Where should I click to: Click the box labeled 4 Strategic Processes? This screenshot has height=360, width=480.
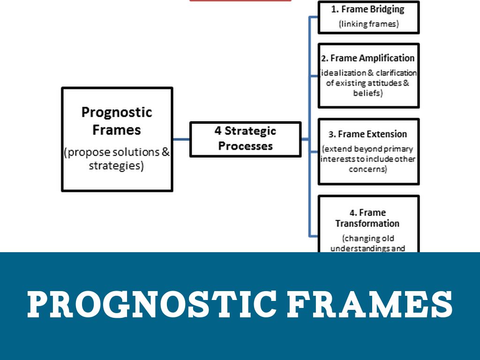(x=245, y=139)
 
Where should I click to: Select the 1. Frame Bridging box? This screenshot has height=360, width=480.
(x=368, y=17)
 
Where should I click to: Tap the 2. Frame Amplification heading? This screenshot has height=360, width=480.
(x=367, y=58)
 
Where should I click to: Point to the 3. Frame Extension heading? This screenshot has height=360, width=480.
(x=367, y=134)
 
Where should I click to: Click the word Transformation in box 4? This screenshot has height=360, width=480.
(x=367, y=224)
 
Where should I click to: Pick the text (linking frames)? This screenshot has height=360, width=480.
(x=368, y=24)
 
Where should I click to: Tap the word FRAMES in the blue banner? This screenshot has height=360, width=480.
(x=369, y=303)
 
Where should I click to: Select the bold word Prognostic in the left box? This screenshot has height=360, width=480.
(x=117, y=112)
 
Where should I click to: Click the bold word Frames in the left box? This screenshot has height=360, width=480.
(x=117, y=129)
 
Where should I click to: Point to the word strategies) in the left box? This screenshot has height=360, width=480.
(x=116, y=166)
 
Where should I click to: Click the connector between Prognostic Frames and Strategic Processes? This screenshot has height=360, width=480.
(x=181, y=139)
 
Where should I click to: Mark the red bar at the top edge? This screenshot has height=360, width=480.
(x=240, y=0)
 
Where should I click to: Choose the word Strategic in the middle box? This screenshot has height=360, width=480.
(x=252, y=131)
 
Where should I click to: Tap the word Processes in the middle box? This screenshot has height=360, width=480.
(x=245, y=146)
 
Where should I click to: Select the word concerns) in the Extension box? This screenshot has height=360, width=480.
(x=368, y=169)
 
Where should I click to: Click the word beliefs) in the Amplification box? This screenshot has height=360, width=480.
(x=368, y=93)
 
